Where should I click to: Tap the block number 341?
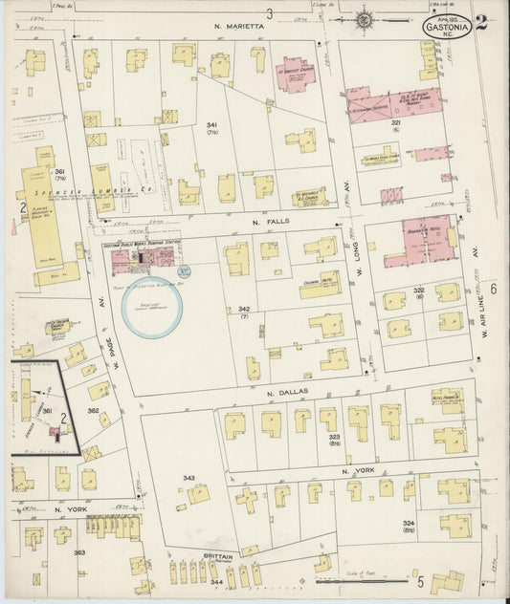(x=212, y=126)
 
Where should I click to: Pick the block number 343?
(x=188, y=478)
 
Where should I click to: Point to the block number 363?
(x=79, y=553)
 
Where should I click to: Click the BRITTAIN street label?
(x=218, y=555)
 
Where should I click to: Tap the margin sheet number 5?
(x=419, y=579)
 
